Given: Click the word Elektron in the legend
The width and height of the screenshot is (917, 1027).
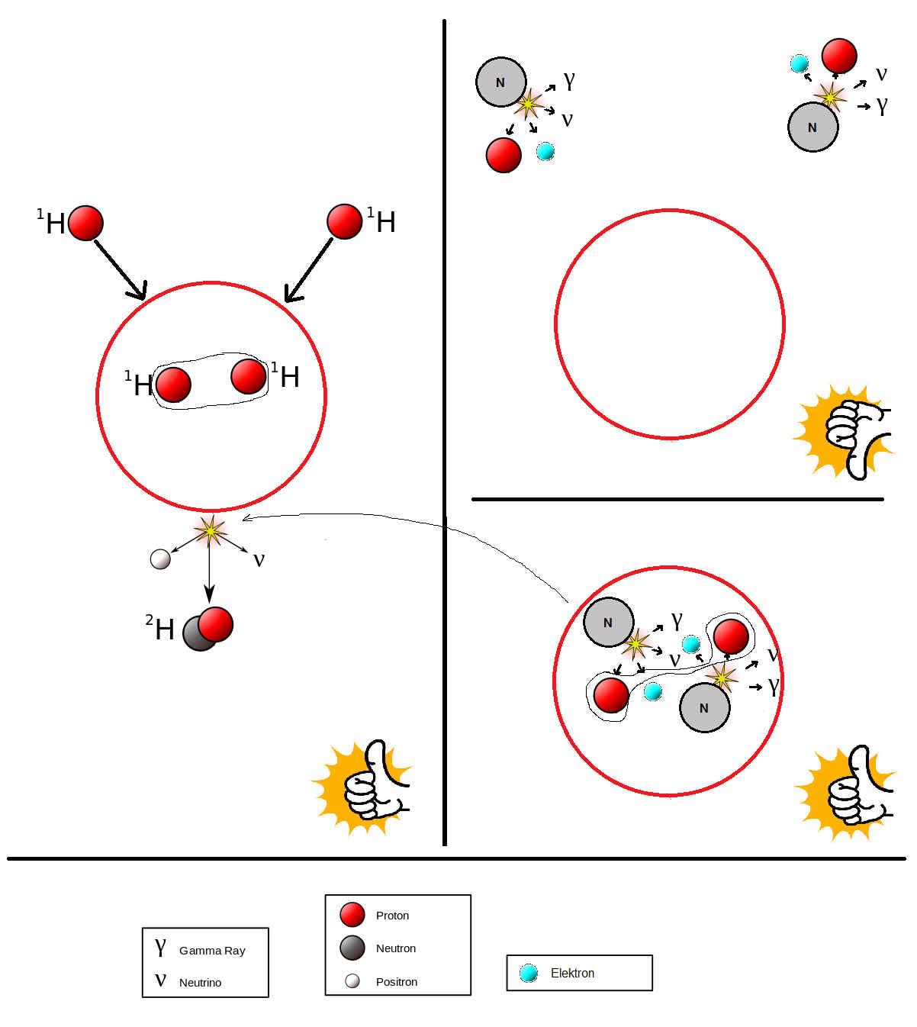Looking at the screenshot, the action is [572, 973].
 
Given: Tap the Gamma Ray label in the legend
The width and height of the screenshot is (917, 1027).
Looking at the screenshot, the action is [212, 951].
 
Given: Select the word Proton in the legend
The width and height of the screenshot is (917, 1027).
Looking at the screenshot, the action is [392, 916].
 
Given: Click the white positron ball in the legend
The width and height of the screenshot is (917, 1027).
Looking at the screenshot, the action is [352, 981].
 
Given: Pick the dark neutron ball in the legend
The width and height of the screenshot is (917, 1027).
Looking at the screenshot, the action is [352, 948].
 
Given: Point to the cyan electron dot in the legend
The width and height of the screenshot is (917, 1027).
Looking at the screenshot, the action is [528, 973].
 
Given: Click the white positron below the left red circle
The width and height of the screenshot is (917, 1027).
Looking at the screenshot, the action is [160, 559].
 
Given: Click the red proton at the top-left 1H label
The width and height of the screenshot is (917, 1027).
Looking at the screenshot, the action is [85, 223].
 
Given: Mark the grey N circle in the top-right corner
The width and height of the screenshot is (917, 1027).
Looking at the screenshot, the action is [812, 127].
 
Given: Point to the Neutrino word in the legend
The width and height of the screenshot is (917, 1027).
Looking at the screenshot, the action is [200, 983].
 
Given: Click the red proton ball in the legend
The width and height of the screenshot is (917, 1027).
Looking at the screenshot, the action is [352, 915].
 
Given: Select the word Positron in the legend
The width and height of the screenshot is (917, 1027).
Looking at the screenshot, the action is [397, 982].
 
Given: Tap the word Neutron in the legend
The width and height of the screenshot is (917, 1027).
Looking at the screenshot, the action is [395, 948].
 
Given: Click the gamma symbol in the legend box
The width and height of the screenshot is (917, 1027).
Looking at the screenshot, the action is [160, 947].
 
